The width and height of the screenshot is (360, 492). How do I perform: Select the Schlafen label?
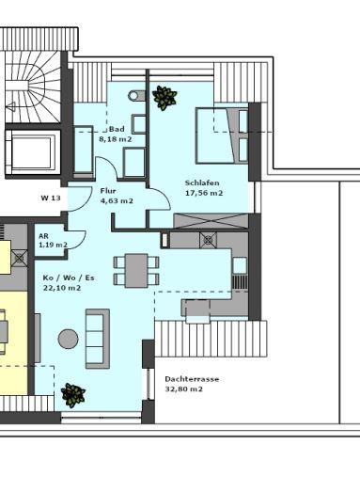[x=203, y=183]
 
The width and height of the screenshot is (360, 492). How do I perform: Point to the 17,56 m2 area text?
[x=203, y=193]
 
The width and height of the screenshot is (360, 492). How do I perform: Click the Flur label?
[x=108, y=191]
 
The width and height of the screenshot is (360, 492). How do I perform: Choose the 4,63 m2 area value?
[x=116, y=200]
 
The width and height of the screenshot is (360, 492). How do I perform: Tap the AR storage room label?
[x=43, y=236]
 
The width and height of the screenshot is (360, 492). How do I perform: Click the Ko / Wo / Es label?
[x=68, y=278]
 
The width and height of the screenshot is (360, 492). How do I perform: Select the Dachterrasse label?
[x=192, y=379]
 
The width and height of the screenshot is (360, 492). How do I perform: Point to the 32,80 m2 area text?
[x=185, y=389]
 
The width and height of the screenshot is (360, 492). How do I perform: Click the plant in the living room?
[x=72, y=394]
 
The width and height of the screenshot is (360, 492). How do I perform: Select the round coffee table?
[x=68, y=339]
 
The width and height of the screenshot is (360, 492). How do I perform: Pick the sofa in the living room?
[x=97, y=338]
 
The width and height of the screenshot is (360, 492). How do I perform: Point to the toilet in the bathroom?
[x=137, y=95]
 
